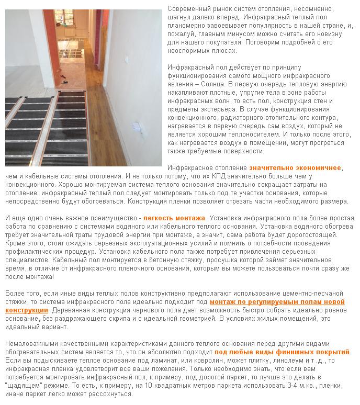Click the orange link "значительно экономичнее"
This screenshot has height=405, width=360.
coord(295,168)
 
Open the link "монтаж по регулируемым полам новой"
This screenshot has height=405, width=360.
coord(277,302)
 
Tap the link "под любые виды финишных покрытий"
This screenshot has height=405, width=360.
coord(282,352)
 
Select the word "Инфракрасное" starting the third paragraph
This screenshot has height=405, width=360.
coord(189,168)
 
